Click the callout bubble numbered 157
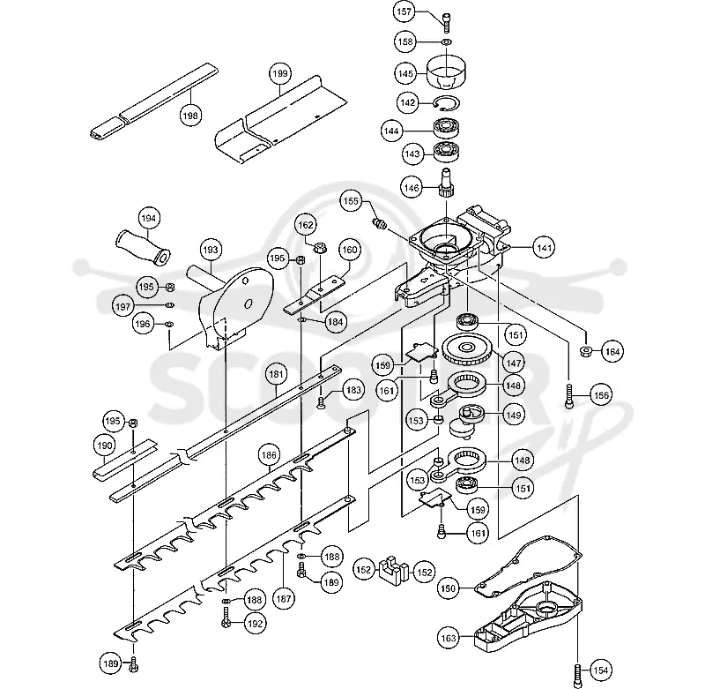pos(404,11)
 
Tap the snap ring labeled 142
pos(447,103)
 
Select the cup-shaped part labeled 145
pos(446,72)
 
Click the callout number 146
pos(412,188)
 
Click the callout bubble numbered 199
pos(280,73)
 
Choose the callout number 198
pos(189,116)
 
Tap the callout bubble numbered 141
pos(544,248)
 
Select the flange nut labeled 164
pos(586,350)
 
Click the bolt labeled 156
pos(570,396)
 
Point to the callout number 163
pos(449,638)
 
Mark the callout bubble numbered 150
pos(449,588)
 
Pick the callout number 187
pos(283,599)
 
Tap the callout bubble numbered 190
pos(104,446)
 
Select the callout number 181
pos(276,374)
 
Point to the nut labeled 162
pos(319,248)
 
